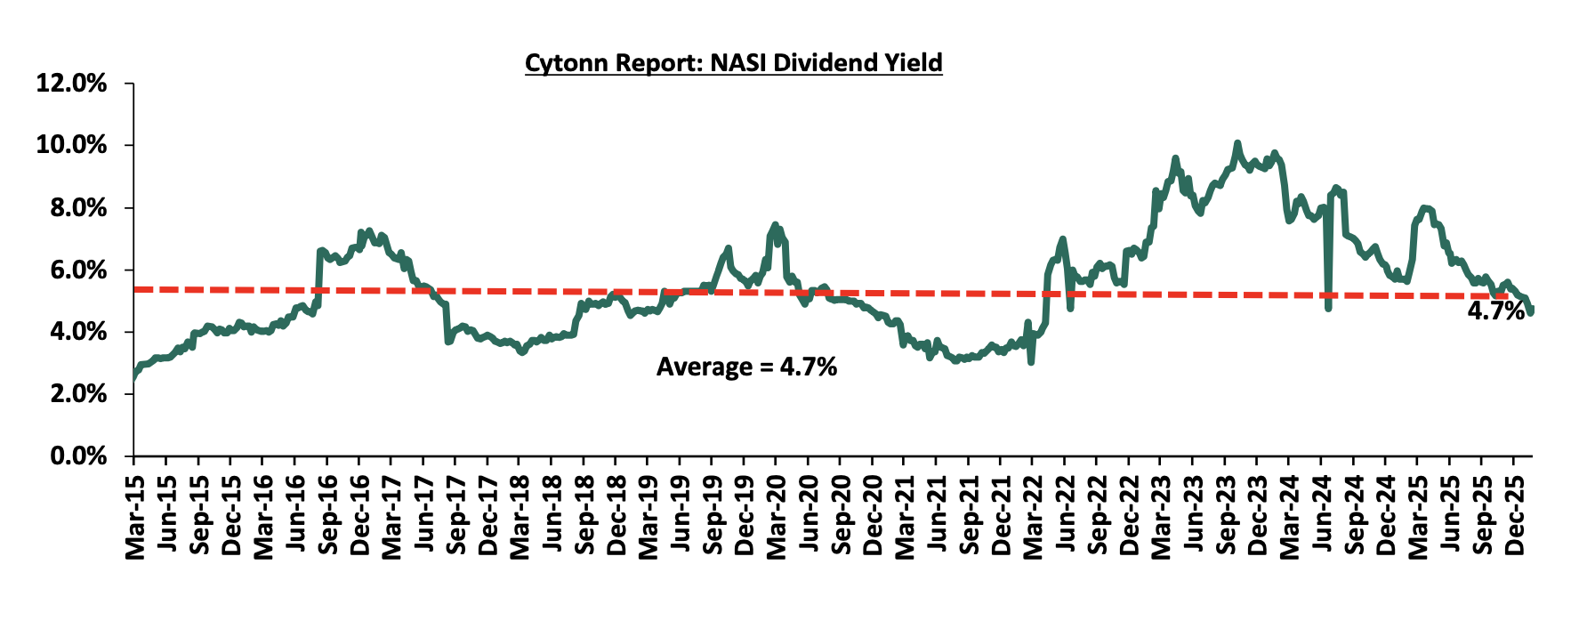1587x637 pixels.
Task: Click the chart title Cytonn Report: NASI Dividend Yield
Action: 733,63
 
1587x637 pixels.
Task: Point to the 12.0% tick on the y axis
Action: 71,84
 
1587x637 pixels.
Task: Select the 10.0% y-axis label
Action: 71,145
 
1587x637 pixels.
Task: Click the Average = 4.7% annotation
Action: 746,367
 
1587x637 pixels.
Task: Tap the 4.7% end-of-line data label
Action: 1495,310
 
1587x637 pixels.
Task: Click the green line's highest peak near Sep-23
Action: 1237,142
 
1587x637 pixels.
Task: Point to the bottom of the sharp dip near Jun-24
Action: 1328,309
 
